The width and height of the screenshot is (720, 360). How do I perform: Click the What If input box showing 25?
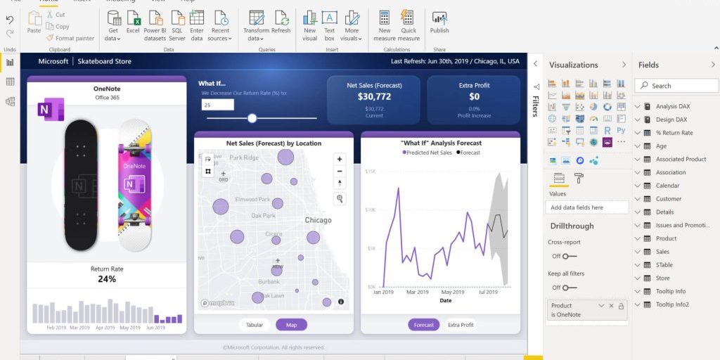(x=217, y=105)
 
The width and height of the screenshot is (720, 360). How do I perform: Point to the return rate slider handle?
(x=252, y=118)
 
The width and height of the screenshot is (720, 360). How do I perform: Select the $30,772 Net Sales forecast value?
(x=374, y=96)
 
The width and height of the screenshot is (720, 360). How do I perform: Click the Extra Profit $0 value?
(x=474, y=96)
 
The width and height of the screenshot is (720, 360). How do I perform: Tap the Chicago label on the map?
(x=318, y=220)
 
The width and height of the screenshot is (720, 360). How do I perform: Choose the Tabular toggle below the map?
(x=255, y=325)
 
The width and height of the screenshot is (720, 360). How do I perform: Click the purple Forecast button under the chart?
(x=423, y=325)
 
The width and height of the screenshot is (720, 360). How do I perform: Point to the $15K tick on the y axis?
(x=371, y=171)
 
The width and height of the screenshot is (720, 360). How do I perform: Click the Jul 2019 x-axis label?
(x=487, y=292)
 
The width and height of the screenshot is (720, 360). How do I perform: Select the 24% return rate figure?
(x=107, y=279)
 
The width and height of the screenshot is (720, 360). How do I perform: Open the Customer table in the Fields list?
(x=668, y=199)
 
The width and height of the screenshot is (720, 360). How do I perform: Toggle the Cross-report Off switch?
(x=569, y=256)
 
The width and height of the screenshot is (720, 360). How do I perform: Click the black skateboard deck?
(x=82, y=185)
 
